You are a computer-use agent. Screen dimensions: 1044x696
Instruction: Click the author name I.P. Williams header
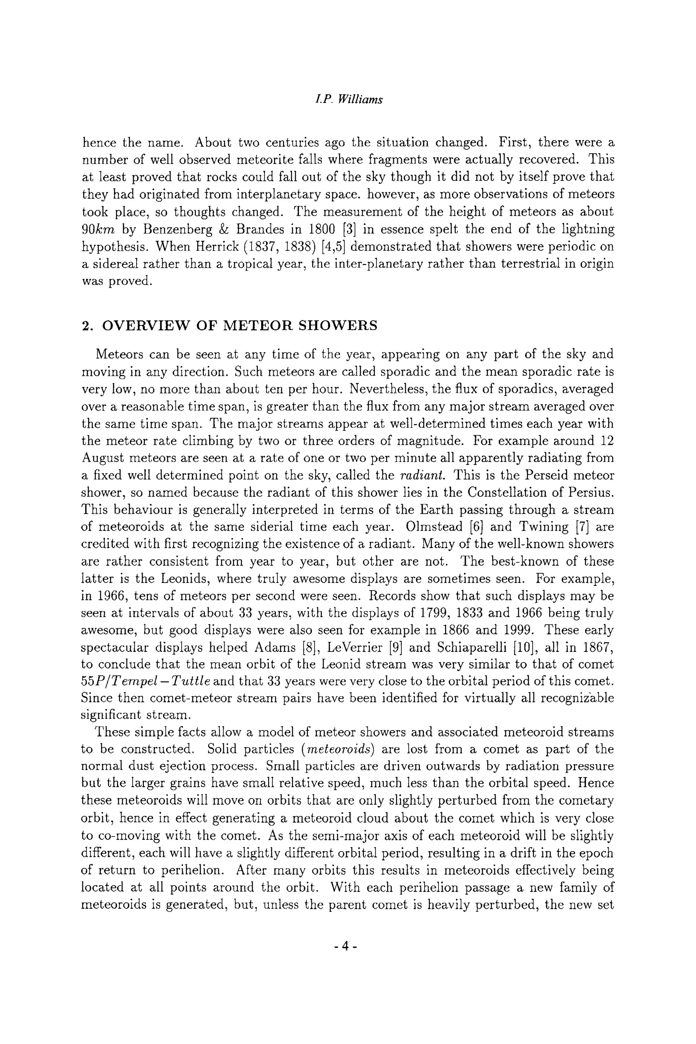click(348, 100)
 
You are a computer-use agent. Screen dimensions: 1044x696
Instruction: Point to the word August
click(102, 458)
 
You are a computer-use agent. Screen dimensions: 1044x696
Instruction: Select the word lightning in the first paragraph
click(588, 229)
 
